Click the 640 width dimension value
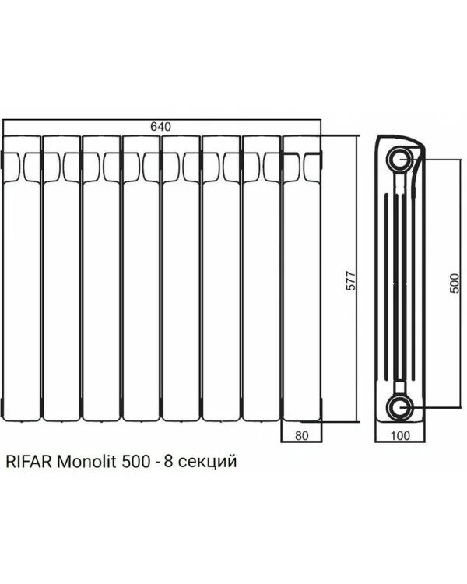click(161, 127)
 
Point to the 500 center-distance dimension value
click(455, 282)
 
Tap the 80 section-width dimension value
click(302, 436)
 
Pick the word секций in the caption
click(208, 463)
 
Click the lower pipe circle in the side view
click(403, 406)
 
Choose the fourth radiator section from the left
click(141, 280)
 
